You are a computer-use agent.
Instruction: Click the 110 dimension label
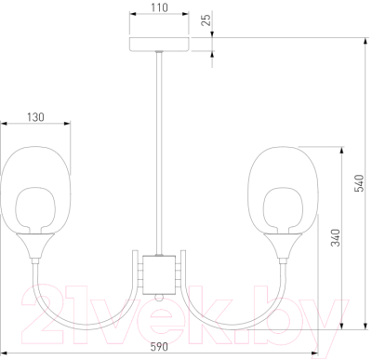pos(159,7)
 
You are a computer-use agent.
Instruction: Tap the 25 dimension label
pos(206,19)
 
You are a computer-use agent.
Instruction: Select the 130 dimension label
pos(35,117)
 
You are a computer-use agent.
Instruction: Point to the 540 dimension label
pos(359,183)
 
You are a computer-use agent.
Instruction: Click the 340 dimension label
pos(336,237)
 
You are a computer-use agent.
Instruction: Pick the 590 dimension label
pos(159,347)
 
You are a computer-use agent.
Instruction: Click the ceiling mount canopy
pos(159,45)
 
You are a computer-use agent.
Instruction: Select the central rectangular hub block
pos(159,274)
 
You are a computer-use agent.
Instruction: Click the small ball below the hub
pos(159,298)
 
